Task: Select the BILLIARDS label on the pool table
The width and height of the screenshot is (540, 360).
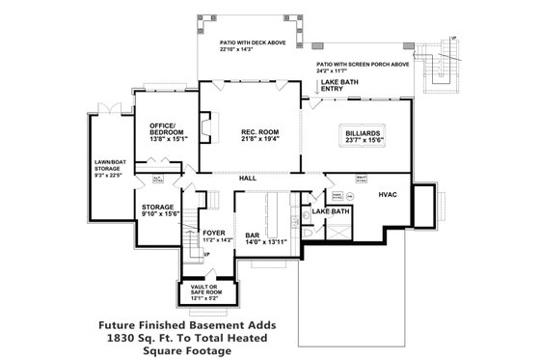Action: [x=363, y=133]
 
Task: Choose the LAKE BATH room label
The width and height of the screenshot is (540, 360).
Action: [x=331, y=210]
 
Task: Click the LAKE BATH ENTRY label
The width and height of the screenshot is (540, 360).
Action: [x=339, y=87]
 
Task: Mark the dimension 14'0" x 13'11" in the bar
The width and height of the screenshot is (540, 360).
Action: [x=253, y=241]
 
